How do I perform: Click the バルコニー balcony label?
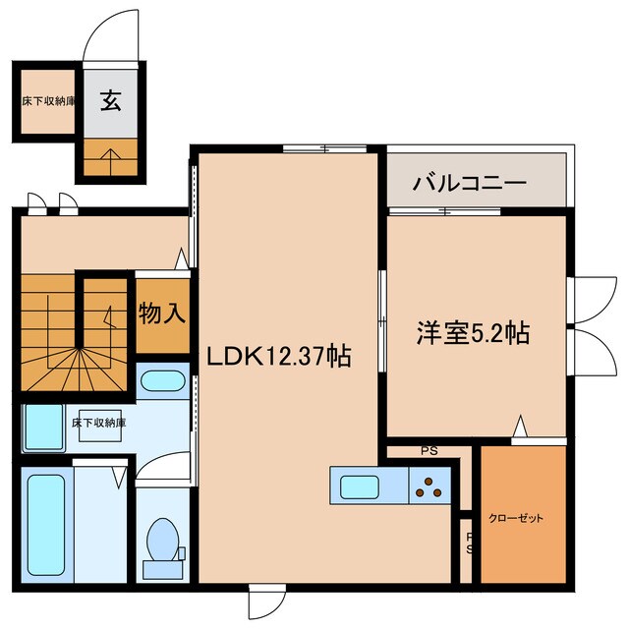pyautogui.click(x=470, y=183)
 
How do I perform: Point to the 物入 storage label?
pyautogui.click(x=161, y=314)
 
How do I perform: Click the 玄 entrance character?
pyautogui.click(x=111, y=100)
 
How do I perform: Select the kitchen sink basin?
pyautogui.click(x=363, y=486)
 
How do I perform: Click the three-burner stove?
pyautogui.click(x=429, y=486)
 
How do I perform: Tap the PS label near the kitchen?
pyautogui.click(x=428, y=452)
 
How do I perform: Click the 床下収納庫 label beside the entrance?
pyautogui.click(x=48, y=100)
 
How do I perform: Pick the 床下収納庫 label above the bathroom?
pyautogui.click(x=98, y=423)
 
